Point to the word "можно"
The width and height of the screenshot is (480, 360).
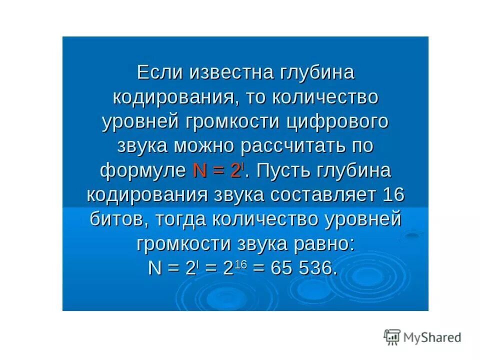point(205,146)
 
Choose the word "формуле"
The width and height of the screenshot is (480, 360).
point(142,170)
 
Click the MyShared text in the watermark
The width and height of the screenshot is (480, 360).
point(433,337)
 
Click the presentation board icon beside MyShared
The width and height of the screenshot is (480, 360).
point(392,337)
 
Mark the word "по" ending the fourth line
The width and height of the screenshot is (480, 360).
point(360,146)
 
